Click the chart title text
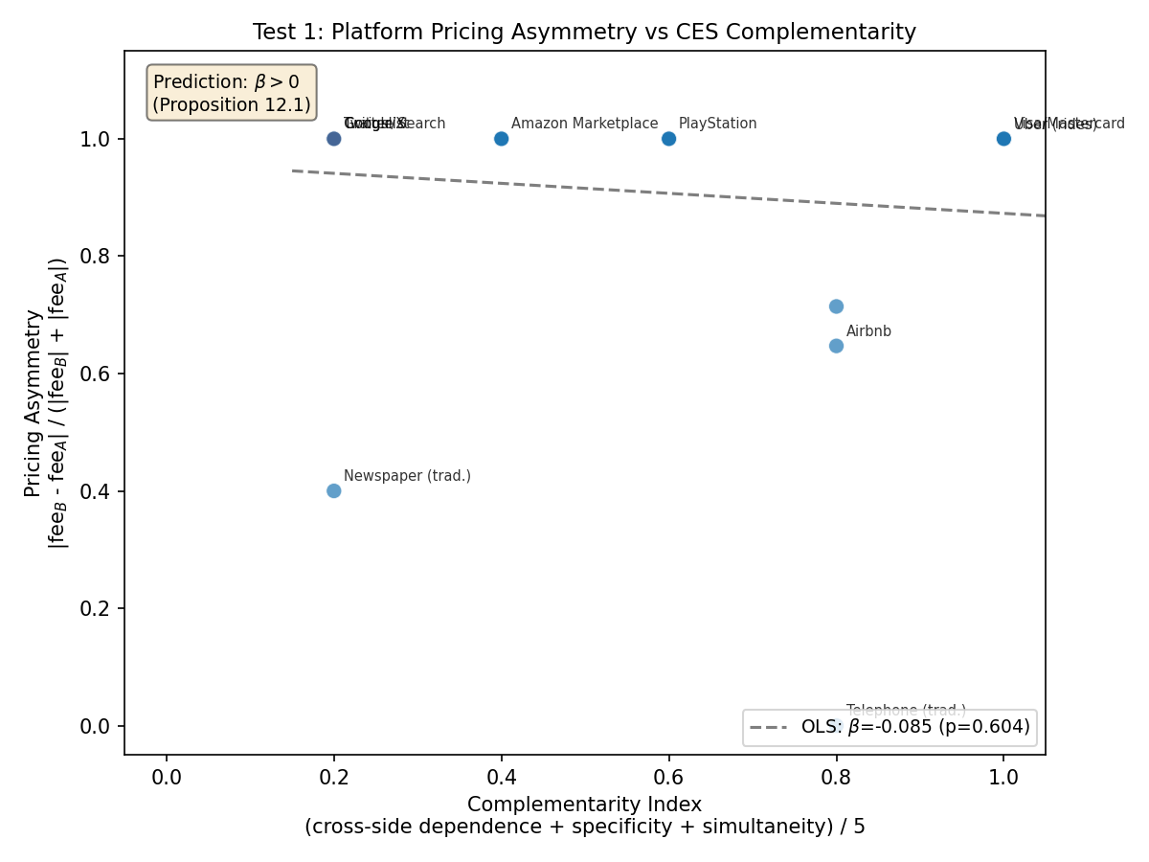tap(584, 33)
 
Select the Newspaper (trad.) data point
tap(333, 490)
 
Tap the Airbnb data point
tap(836, 345)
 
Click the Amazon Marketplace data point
tap(501, 138)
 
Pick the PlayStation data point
tap(668, 138)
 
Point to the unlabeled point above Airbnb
tap(836, 306)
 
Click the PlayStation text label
tap(717, 124)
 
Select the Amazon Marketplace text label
tap(584, 124)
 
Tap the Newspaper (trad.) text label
tap(407, 476)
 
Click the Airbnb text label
tap(868, 331)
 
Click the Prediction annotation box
tap(231, 93)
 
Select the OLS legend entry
tap(890, 727)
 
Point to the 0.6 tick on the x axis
tap(668, 775)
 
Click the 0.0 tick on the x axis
tap(166, 775)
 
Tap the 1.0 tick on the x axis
tap(1003, 775)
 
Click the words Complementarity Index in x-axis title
tap(584, 804)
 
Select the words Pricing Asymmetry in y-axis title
tap(34, 402)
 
